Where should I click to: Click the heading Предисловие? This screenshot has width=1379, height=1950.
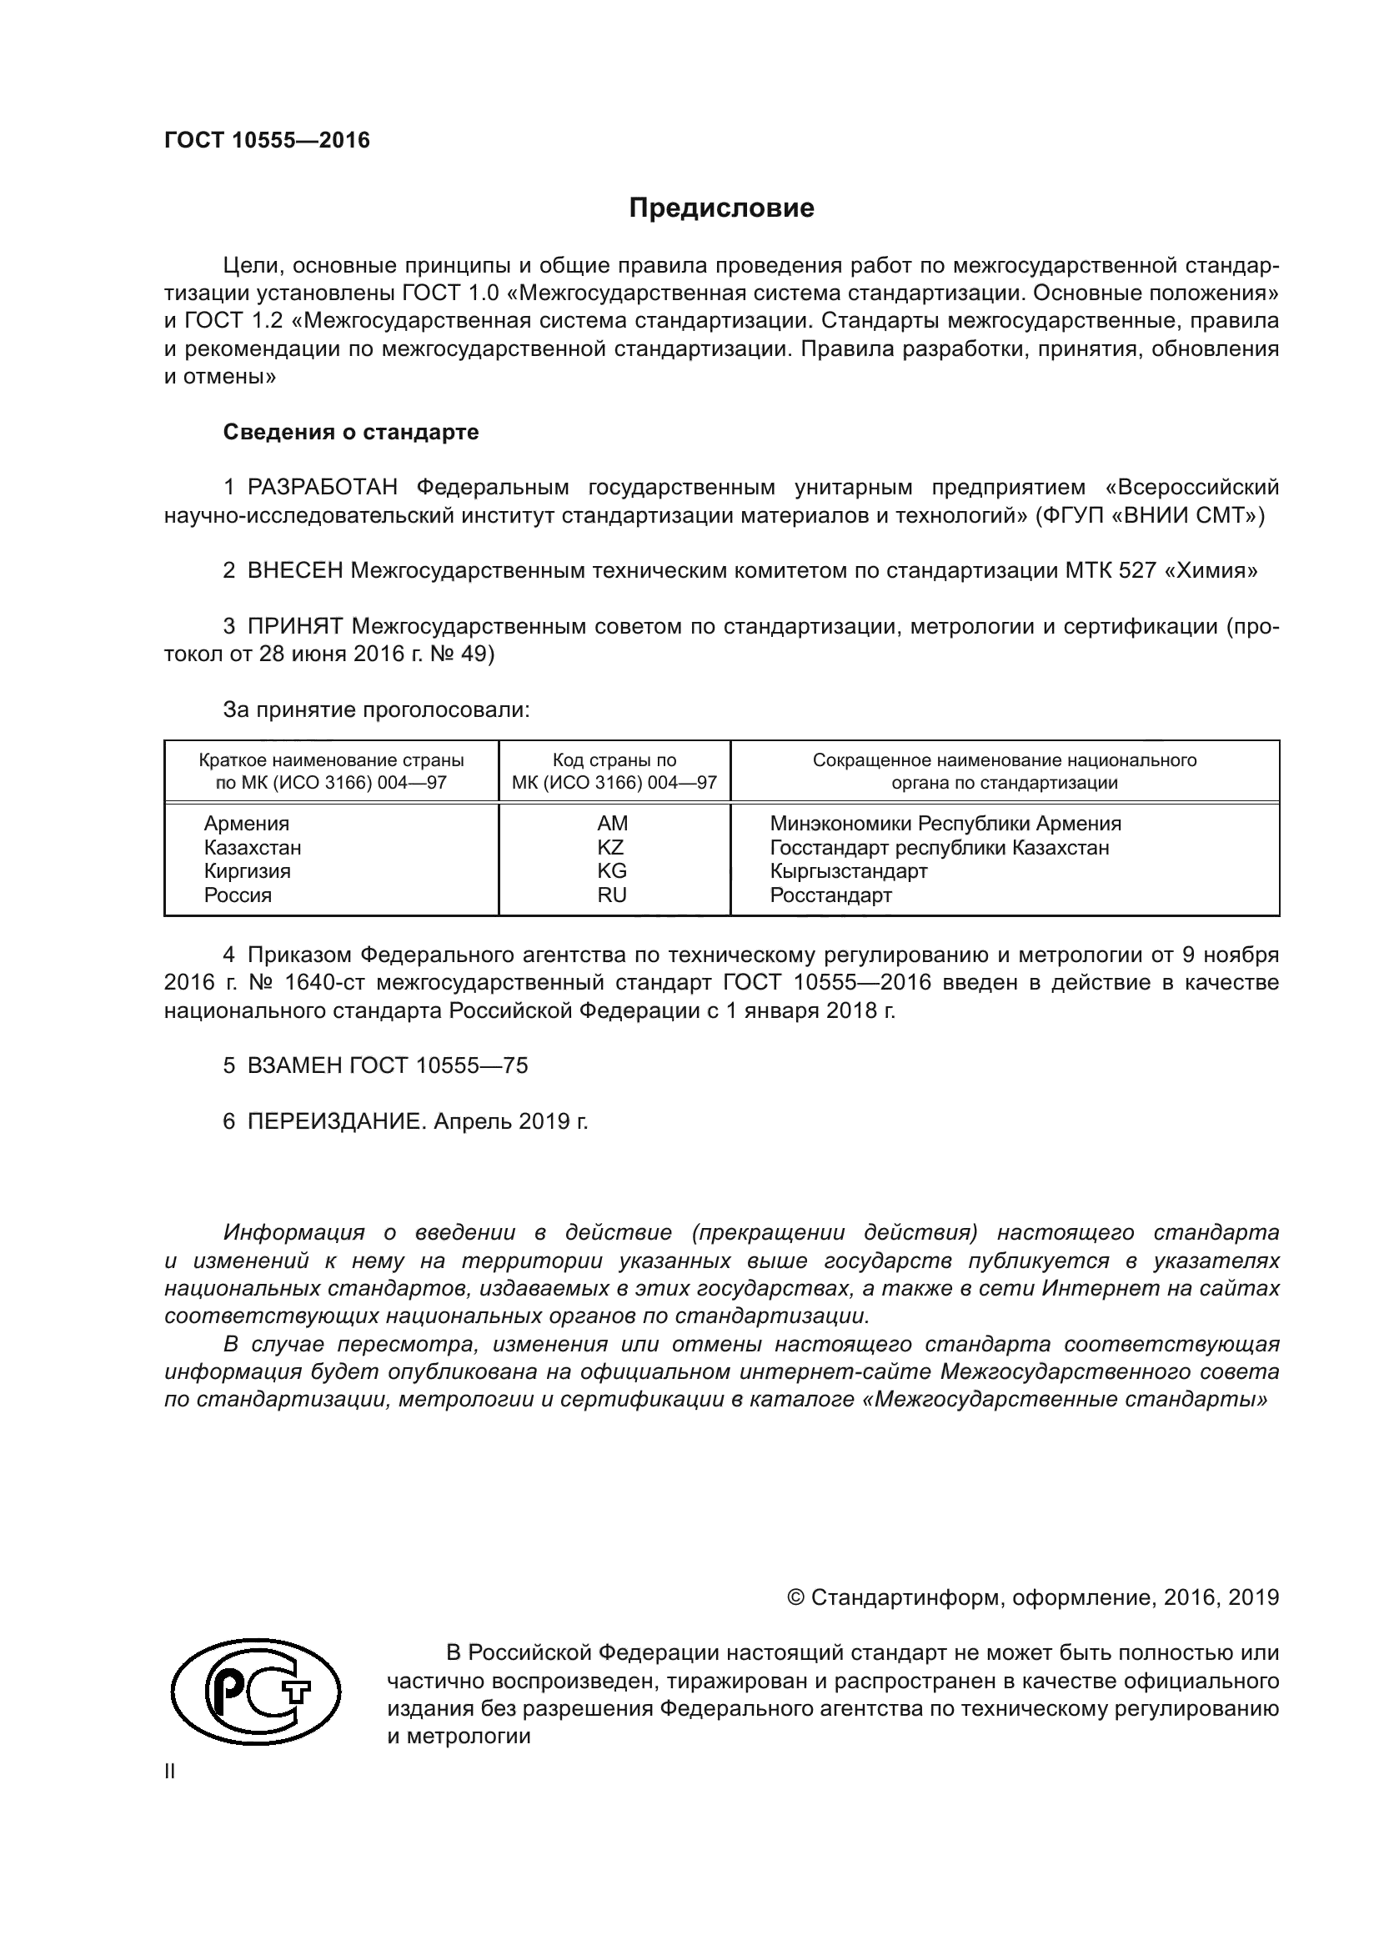point(721,208)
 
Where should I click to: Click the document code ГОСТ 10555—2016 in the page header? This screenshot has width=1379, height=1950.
point(267,140)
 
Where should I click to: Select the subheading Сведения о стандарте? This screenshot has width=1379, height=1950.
point(351,433)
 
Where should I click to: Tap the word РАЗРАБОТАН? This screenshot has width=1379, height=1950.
point(322,488)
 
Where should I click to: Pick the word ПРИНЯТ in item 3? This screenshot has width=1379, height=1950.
point(294,627)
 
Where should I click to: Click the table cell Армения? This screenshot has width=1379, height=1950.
point(246,823)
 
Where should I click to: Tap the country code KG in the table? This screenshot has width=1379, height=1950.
point(611,870)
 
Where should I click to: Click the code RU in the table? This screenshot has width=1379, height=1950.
point(611,895)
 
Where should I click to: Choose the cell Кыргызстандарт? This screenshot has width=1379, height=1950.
point(848,870)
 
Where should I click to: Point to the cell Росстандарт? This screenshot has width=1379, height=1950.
point(830,895)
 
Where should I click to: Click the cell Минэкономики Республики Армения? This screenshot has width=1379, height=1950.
point(945,823)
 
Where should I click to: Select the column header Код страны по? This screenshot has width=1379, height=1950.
point(614,760)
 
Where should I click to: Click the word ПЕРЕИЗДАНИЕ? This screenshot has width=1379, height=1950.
point(333,1122)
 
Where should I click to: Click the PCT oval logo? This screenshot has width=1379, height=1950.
point(256,1689)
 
